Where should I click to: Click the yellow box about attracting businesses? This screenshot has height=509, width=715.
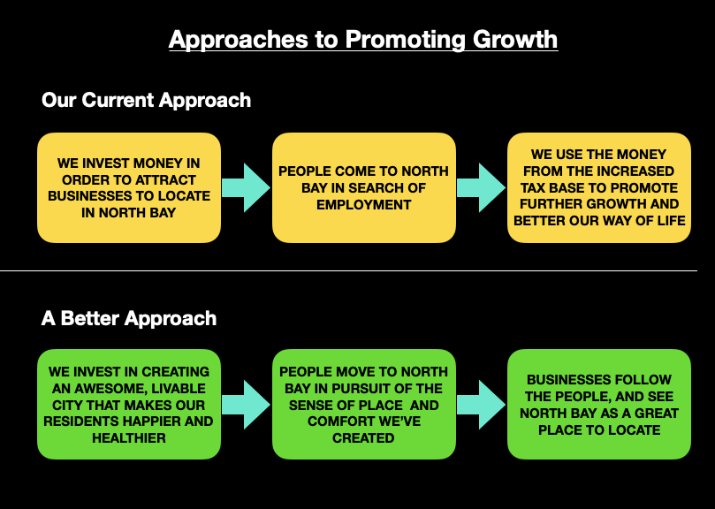coord(129,187)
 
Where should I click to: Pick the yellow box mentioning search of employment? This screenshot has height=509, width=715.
coord(363,187)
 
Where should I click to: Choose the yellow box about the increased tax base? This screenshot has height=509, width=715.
coord(599,187)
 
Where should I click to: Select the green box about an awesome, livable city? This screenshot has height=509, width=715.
coord(129,405)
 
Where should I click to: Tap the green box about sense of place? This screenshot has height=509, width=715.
coord(363,405)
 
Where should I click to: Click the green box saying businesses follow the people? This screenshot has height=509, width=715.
coord(599,405)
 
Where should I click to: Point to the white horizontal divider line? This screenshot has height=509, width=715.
coord(354,270)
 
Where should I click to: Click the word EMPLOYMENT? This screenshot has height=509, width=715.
coord(363,205)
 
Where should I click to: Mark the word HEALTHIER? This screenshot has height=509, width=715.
coord(129,438)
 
